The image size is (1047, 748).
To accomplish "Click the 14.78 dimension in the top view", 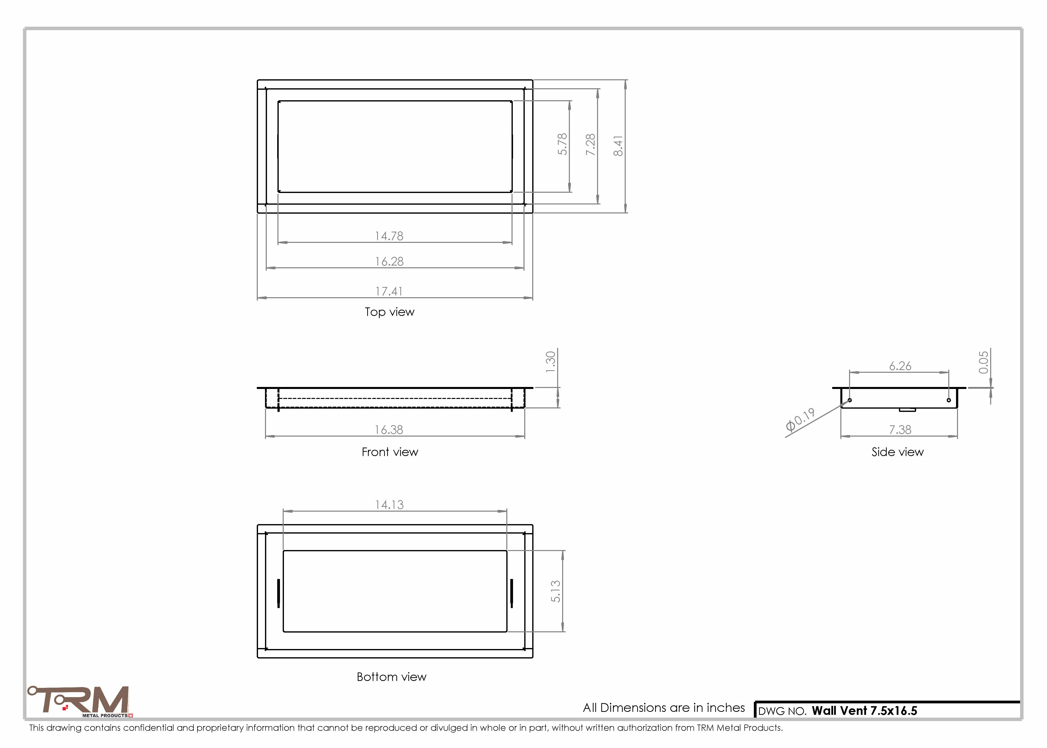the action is [389, 236].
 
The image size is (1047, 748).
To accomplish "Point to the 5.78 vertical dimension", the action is [562, 144].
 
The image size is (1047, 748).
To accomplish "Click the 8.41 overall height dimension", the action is [618, 146].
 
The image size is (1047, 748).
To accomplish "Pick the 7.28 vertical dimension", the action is [590, 145].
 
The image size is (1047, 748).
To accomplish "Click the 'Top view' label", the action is [390, 312].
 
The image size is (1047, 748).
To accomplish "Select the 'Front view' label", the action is [390, 452].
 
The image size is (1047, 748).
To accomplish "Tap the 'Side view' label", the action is [897, 452].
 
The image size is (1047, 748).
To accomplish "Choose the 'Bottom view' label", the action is [391, 677].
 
